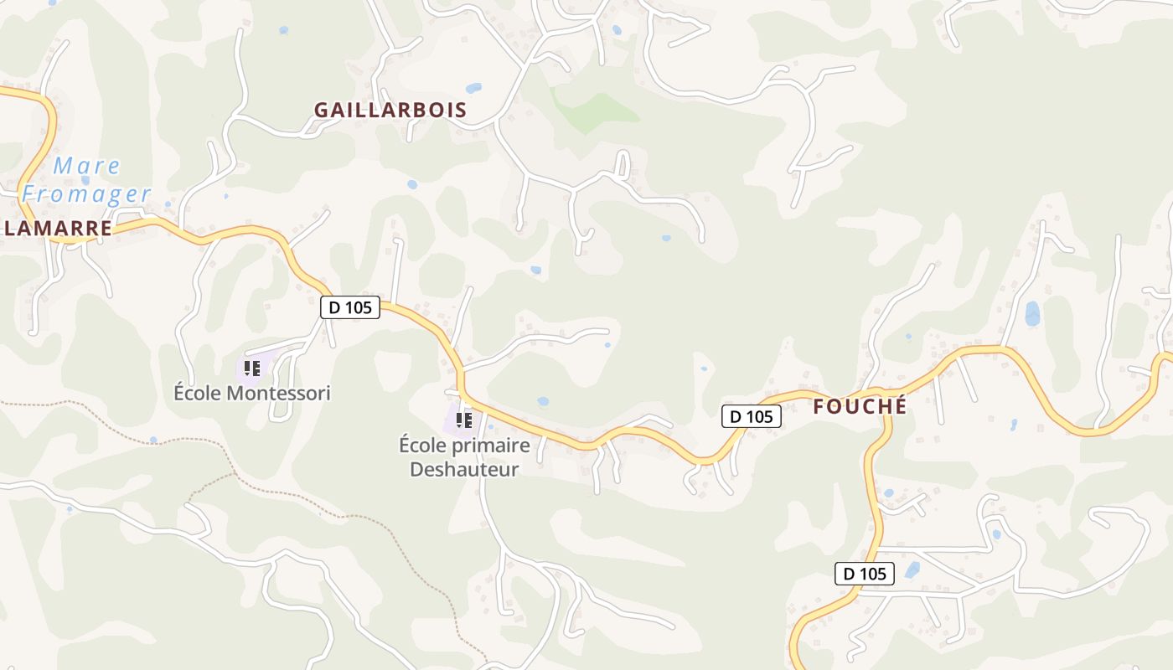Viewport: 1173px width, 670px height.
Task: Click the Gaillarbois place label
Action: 390,110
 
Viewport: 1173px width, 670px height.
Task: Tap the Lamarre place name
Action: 57,229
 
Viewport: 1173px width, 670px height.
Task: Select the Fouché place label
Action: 860,407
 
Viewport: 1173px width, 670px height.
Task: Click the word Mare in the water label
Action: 86,166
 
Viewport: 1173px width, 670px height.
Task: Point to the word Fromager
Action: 86,194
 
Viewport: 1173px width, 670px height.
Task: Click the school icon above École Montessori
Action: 251,368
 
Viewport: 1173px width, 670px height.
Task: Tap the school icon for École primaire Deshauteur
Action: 463,420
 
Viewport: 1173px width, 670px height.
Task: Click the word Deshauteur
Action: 464,469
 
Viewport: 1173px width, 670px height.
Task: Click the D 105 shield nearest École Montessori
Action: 350,307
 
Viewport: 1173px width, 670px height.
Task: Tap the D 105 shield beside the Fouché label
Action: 751,416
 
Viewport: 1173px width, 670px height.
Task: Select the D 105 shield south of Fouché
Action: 865,574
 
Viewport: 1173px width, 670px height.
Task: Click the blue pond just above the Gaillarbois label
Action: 473,88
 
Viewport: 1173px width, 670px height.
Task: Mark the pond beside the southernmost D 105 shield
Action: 912,570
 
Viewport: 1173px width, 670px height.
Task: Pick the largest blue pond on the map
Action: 1032,313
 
